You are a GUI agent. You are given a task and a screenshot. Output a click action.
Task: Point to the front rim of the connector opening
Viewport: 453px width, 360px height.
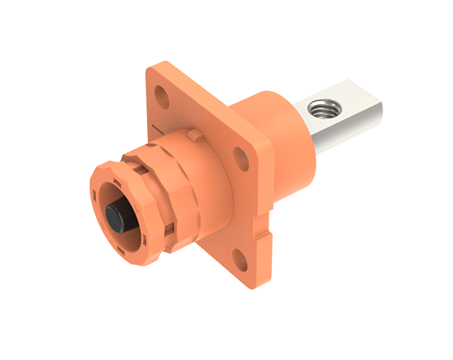pos(98,189)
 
